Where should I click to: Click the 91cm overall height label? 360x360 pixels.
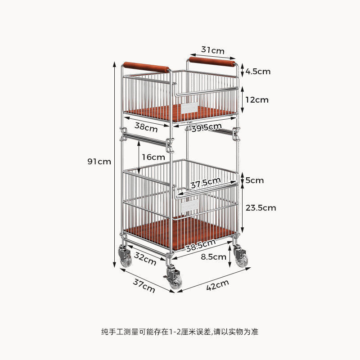point(99,162)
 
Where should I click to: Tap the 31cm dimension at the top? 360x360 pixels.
point(212,50)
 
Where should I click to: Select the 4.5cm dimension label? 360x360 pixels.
point(258,71)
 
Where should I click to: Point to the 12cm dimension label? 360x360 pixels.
point(256,99)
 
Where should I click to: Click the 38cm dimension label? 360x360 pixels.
point(146,127)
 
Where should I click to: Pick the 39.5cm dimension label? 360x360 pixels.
point(207,128)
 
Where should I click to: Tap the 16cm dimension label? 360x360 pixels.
point(153,157)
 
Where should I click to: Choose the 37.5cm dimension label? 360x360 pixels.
point(205,183)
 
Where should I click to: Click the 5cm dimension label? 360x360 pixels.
point(255,180)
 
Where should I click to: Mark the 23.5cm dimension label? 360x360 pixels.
point(261,207)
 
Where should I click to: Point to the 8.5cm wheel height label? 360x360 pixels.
point(213,257)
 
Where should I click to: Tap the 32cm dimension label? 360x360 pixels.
point(145,259)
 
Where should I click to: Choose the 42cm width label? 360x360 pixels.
point(217,285)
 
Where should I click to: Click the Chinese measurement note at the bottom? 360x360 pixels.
point(180,332)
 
